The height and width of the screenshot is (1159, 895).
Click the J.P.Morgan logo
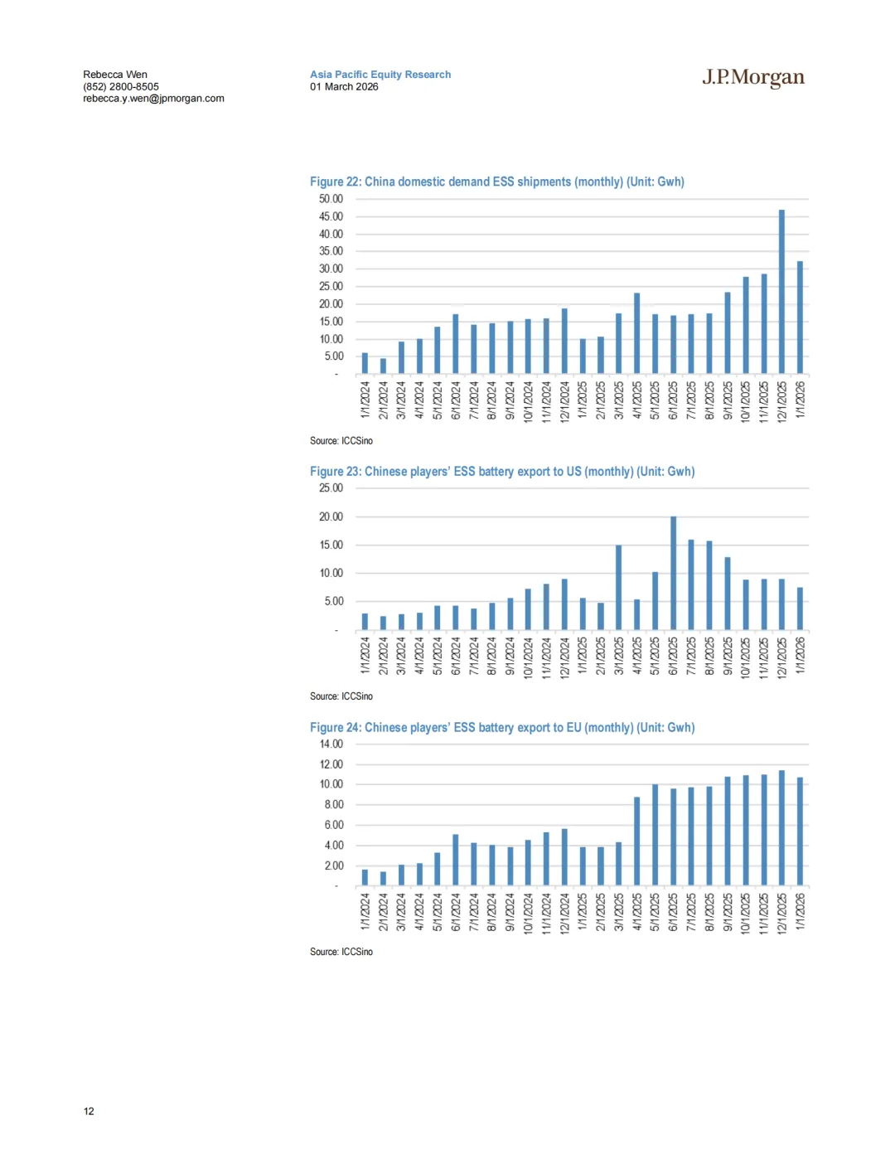(x=753, y=77)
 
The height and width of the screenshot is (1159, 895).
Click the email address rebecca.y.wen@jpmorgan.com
(x=153, y=99)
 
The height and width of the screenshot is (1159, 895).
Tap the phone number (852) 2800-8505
(x=121, y=86)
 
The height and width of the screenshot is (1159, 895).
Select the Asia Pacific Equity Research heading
(x=380, y=75)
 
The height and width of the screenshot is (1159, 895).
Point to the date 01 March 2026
(x=344, y=86)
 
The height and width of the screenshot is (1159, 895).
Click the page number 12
(x=89, y=1111)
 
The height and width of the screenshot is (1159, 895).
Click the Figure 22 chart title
(x=497, y=182)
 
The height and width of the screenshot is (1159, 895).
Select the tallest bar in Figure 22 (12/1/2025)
(x=781, y=292)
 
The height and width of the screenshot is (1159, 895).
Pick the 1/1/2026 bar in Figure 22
(x=800, y=318)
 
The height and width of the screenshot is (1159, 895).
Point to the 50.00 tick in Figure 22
(x=331, y=199)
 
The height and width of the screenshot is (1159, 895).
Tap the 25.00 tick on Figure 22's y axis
(x=331, y=287)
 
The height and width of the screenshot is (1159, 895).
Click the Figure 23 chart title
(x=502, y=472)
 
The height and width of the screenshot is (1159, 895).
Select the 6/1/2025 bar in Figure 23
(x=673, y=573)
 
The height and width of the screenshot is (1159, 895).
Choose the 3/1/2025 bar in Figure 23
(x=619, y=587)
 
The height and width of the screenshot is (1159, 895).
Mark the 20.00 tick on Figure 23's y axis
(x=331, y=516)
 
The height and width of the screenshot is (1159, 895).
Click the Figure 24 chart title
(x=502, y=727)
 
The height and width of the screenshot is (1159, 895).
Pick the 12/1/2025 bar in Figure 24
(x=781, y=828)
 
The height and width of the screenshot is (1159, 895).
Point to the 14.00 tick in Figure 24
(x=331, y=744)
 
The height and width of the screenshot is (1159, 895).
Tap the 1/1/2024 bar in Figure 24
(x=365, y=877)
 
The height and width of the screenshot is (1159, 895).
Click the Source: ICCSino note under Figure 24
(x=341, y=952)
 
